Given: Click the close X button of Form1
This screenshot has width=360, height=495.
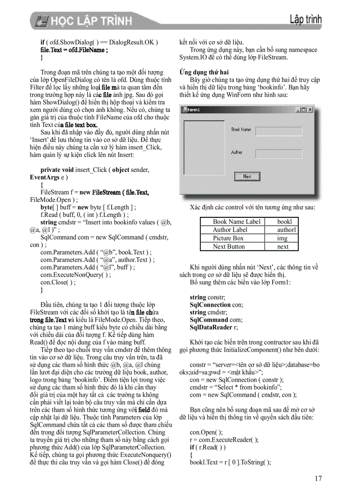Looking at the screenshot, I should coord(310,110).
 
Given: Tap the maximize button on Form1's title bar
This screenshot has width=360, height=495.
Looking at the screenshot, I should coord(304,110).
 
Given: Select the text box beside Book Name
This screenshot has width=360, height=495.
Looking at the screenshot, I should coord(279,131).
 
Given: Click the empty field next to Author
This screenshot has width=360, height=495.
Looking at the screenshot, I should coord(279,154).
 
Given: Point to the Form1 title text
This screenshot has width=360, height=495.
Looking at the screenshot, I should coord(194,110).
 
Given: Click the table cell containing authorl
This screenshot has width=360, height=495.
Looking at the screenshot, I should coord(281,230).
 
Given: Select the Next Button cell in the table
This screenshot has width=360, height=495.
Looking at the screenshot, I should coord(232,246).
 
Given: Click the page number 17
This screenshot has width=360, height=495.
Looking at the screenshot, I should coord(318,479).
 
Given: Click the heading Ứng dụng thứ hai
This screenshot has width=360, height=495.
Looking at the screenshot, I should coord(204,72).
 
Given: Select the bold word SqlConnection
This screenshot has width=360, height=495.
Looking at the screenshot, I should coord(210,305).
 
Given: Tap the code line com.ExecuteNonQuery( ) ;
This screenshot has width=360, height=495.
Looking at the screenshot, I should coord(75,275).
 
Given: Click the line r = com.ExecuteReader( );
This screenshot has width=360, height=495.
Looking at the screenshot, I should coord(224,439).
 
